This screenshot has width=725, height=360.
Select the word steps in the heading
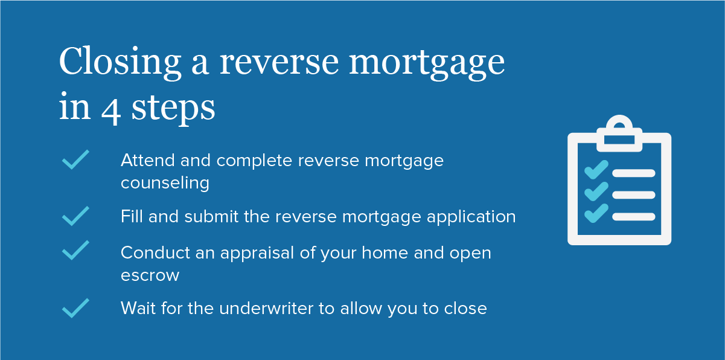173,109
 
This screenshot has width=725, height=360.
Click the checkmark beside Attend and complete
75,159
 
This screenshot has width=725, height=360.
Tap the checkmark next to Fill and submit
75,216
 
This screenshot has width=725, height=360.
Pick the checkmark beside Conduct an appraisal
75,250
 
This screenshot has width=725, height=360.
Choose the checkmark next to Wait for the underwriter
75,308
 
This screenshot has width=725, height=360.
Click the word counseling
165,184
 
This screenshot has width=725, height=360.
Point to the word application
471,217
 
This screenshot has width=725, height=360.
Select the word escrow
150,276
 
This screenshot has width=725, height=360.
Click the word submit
211,217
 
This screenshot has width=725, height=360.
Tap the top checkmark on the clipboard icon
596,170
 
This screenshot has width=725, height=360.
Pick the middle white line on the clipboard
634,195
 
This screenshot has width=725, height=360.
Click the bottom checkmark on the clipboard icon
596,213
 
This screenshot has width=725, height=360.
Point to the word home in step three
385,253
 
